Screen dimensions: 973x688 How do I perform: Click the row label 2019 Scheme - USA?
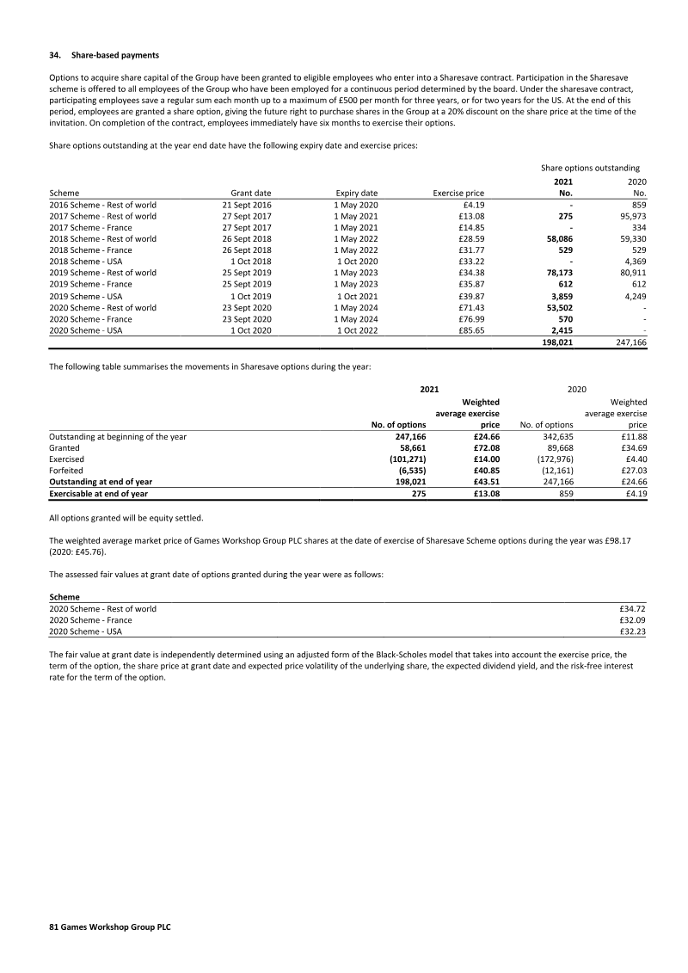[x=86, y=295]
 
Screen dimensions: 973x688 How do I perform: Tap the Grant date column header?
[x=251, y=194]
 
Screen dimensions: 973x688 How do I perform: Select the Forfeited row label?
[x=67, y=471]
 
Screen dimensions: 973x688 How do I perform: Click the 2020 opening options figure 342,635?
[x=555, y=437]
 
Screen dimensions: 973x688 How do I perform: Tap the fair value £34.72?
[x=633, y=608]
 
